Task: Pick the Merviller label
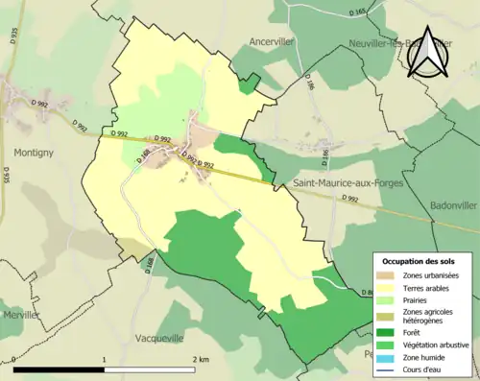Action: (20, 315)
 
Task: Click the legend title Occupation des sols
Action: (418, 261)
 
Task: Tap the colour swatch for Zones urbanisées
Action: (384, 275)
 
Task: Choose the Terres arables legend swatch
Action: (384, 288)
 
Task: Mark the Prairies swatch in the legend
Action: (384, 300)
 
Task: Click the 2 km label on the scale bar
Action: (200, 360)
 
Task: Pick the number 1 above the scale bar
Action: (103, 360)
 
